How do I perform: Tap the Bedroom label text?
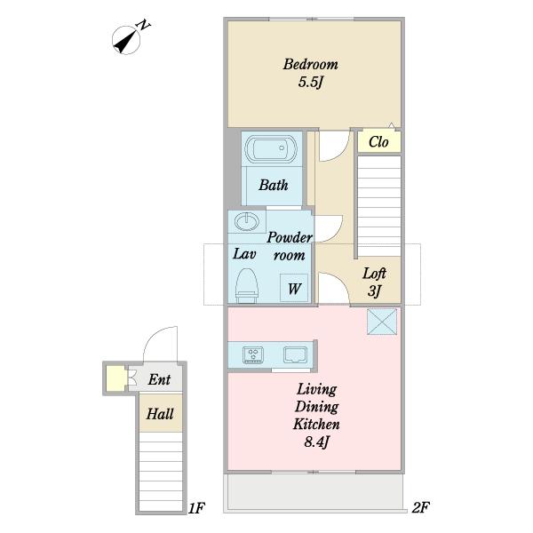(x=310, y=64)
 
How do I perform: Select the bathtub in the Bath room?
(x=271, y=149)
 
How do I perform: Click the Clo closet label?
(x=378, y=142)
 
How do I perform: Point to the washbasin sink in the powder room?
(x=247, y=222)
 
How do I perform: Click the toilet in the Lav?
(x=247, y=285)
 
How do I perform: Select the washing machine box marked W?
(x=294, y=288)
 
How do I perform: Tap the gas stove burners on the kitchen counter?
(x=253, y=354)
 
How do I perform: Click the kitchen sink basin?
(x=296, y=354)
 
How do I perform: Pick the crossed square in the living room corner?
(x=382, y=322)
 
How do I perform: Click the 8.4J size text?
(x=316, y=442)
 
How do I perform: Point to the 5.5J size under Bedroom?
(x=310, y=83)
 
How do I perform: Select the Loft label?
(x=374, y=274)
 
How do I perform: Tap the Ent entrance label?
(x=159, y=379)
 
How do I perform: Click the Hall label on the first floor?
(x=160, y=414)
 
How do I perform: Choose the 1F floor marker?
(x=196, y=508)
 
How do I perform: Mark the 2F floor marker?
(x=420, y=508)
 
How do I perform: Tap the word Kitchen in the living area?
(x=316, y=425)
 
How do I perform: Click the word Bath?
(x=274, y=185)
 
